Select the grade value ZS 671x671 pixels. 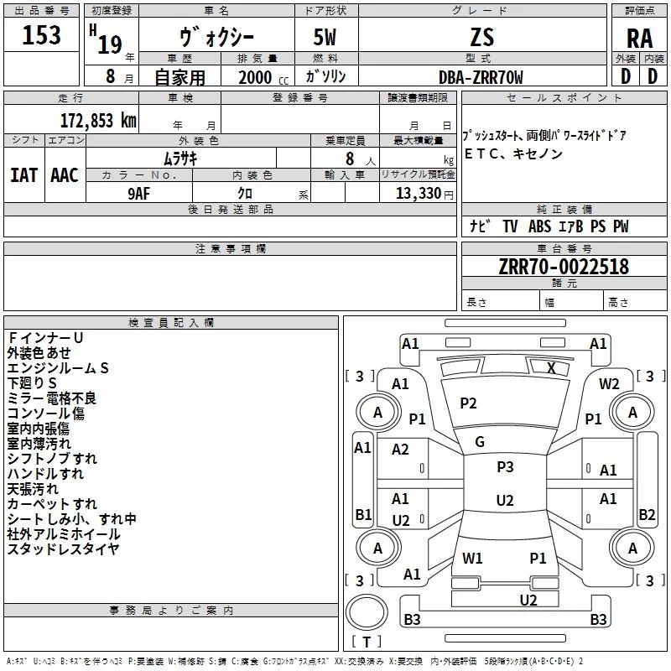click(x=482, y=37)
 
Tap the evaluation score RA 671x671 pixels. click(x=640, y=39)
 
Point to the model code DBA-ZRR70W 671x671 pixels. click(x=481, y=77)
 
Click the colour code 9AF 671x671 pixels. click(x=139, y=194)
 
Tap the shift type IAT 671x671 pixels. click(x=23, y=175)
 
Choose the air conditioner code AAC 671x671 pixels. click(x=64, y=175)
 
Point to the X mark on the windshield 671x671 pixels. click(x=551, y=368)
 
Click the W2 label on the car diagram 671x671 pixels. click(x=609, y=383)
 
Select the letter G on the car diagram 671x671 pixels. click(x=480, y=442)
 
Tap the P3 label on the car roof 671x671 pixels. click(x=505, y=467)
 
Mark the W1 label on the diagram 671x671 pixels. click(x=473, y=558)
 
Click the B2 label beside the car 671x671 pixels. click(x=647, y=515)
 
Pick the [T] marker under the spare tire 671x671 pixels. click(x=367, y=642)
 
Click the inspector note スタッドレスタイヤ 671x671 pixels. click(x=64, y=549)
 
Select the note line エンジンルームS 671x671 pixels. click(x=59, y=367)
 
